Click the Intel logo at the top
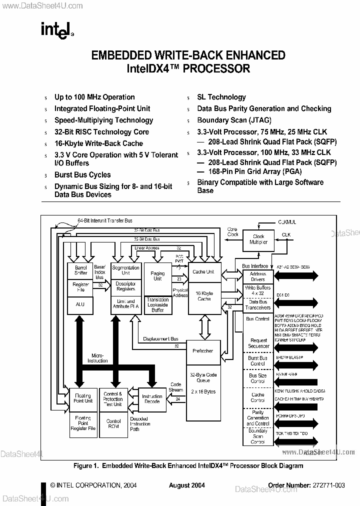(x=57, y=30)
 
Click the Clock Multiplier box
(x=258, y=239)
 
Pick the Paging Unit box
(x=157, y=276)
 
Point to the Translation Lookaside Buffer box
(x=157, y=304)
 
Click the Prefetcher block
(x=202, y=350)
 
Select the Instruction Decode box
(x=152, y=398)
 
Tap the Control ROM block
(x=113, y=424)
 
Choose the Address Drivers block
(x=257, y=276)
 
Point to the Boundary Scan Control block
(x=257, y=436)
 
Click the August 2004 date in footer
(x=186, y=485)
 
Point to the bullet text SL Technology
(x=221, y=97)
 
